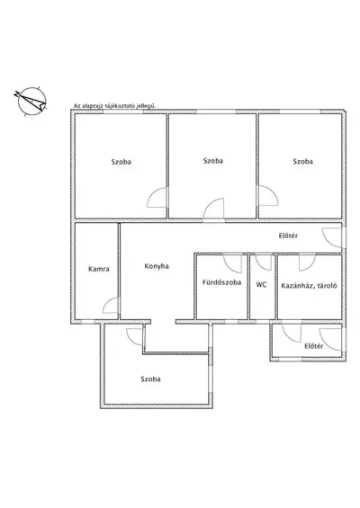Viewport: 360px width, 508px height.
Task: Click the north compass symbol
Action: coord(31,101)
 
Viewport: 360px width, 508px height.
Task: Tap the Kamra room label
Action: coord(99,269)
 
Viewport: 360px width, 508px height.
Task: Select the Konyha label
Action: coord(157,266)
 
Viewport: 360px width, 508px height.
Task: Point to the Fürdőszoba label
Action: coord(221,282)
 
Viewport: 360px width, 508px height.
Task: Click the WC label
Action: coord(261,284)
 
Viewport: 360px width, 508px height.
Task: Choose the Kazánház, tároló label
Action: coord(309,286)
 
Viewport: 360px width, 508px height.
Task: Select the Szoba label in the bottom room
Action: coord(150,379)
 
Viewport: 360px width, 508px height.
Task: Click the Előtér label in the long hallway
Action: coord(288,236)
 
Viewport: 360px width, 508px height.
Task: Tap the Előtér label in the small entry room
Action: coord(313,346)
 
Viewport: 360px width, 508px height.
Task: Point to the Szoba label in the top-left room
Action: coord(121,161)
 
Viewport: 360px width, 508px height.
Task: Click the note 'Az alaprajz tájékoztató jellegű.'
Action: coord(115,105)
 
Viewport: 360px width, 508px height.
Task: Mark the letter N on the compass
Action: coord(16,94)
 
